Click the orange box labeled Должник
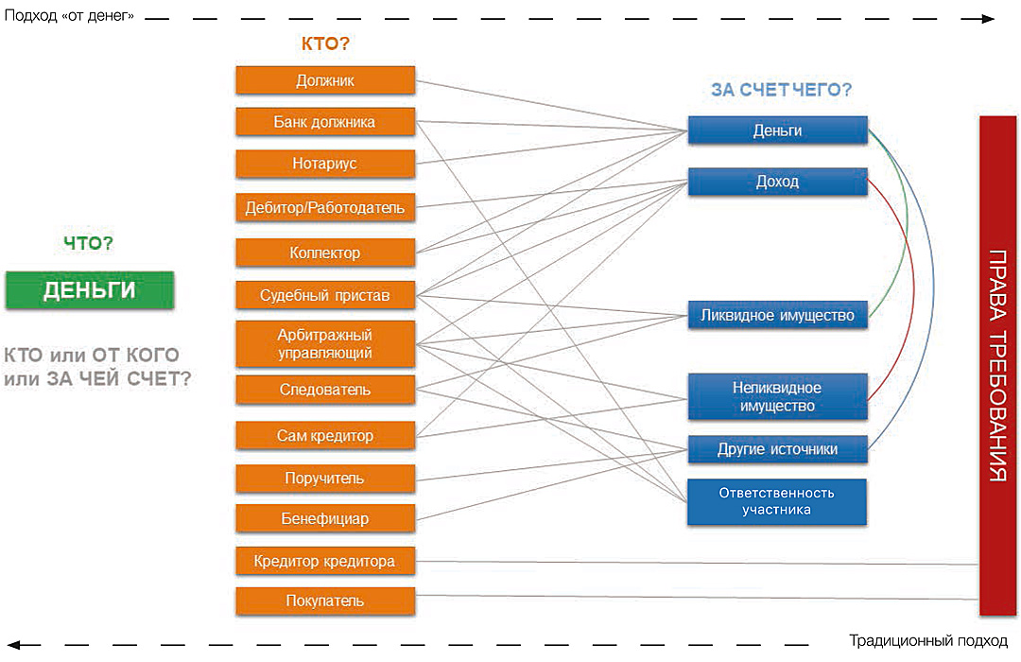tap(324, 80)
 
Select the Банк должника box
tap(324, 122)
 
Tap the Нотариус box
tap(324, 164)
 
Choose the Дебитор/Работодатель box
tap(324, 207)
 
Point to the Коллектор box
tap(324, 253)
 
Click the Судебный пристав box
tap(324, 296)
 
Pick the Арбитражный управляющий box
tap(324, 344)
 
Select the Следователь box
tap(324, 390)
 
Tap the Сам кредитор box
tap(324, 436)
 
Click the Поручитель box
tap(324, 479)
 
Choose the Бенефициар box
tap(324, 518)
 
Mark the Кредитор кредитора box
tap(324, 561)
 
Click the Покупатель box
tap(324, 601)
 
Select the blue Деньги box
tap(777, 131)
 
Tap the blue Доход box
tap(777, 182)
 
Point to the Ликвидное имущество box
tap(777, 315)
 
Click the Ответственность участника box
tap(777, 501)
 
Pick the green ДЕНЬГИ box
tap(89, 290)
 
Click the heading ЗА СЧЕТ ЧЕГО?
tap(781, 91)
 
